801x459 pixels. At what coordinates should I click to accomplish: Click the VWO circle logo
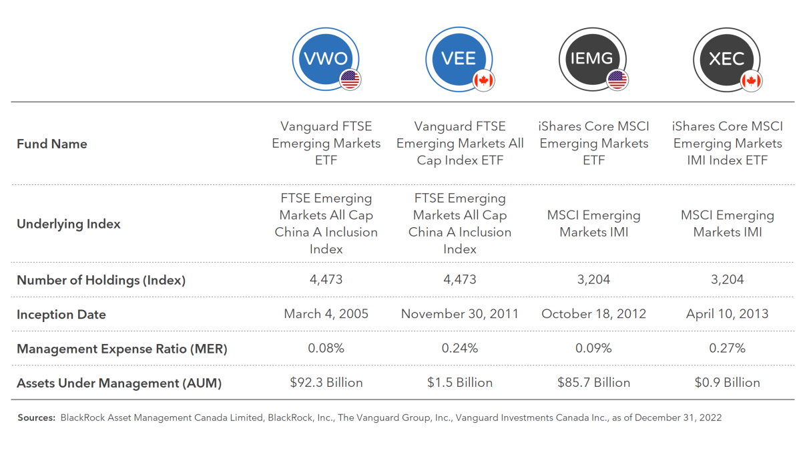(x=326, y=59)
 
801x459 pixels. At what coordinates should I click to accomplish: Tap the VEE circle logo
(x=459, y=59)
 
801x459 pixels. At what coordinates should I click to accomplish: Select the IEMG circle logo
(x=592, y=59)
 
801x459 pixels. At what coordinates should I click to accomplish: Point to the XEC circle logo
(x=726, y=59)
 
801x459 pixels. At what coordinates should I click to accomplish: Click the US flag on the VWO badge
(x=350, y=80)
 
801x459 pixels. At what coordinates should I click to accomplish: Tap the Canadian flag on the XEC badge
(x=752, y=81)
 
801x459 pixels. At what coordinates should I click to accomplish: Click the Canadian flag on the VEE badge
(x=484, y=81)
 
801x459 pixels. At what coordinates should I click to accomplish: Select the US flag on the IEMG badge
(x=617, y=80)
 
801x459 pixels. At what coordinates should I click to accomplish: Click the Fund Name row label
(x=52, y=144)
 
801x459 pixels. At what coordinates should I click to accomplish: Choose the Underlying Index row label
(x=68, y=224)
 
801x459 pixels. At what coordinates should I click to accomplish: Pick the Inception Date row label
(x=61, y=315)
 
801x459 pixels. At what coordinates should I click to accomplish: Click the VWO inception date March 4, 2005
(x=326, y=314)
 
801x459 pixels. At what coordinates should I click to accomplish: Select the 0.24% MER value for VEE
(x=459, y=348)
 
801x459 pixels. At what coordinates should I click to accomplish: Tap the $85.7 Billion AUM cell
(x=593, y=383)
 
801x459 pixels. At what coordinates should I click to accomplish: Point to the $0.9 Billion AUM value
(x=727, y=383)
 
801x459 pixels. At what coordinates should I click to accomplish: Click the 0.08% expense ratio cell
(x=326, y=348)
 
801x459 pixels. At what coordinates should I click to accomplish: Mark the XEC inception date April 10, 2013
(x=727, y=314)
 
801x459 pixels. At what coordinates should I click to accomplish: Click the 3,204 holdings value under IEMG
(x=593, y=279)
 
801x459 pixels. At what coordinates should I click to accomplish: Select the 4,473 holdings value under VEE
(x=459, y=279)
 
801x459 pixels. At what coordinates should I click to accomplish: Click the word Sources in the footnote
(x=36, y=418)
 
